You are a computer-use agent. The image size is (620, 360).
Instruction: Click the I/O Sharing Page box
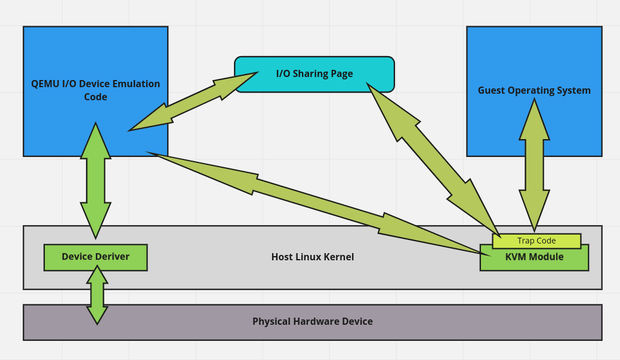(314, 74)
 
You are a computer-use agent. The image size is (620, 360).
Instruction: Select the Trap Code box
(536, 241)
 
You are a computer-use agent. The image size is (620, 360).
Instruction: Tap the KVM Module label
(534, 257)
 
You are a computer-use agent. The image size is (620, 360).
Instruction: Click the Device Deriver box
(95, 257)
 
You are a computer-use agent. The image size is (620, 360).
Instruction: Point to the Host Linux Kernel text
(312, 257)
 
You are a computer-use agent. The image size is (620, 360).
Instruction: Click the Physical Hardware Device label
(312, 321)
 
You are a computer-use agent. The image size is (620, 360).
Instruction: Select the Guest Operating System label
(534, 90)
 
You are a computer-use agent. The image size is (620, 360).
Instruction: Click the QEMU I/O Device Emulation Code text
(95, 90)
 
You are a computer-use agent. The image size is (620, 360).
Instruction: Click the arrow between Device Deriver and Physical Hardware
(97, 294)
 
